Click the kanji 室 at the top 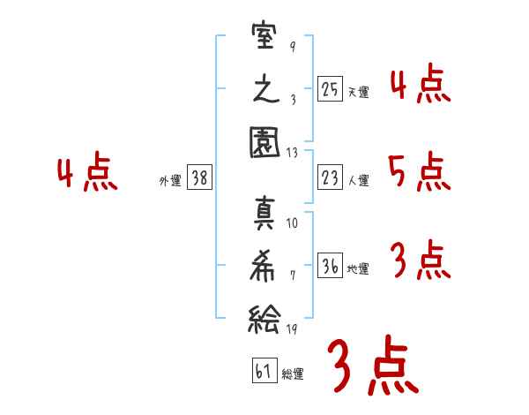264,35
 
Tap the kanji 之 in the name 266,89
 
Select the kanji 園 264,142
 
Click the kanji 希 263,266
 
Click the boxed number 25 330,89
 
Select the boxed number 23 330,177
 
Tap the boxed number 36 330,265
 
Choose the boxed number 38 199,177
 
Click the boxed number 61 264,371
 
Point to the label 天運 358,92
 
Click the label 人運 358,180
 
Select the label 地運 358,268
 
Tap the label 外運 170,180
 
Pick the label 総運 293,373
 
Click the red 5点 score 420,171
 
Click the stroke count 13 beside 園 292,153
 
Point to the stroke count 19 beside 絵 292,328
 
